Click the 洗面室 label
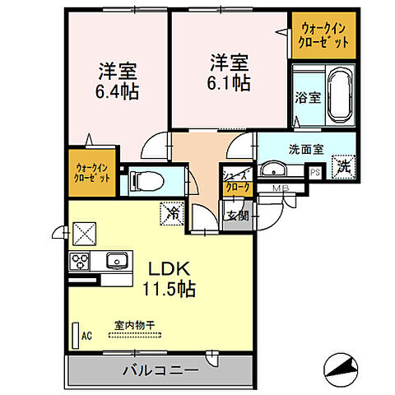(305, 151)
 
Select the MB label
(282, 187)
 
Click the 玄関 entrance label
(236, 215)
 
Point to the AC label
(86, 335)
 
